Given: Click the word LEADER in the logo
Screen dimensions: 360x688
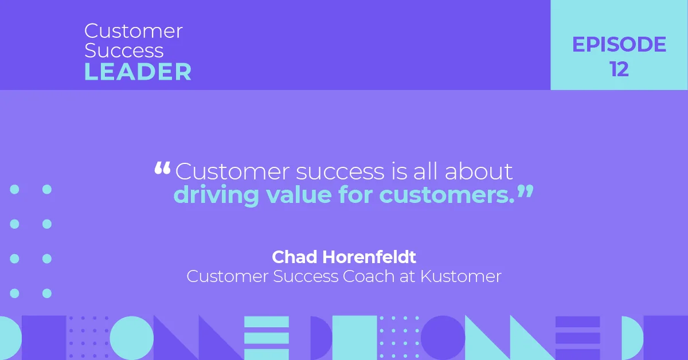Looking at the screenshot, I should (x=138, y=72).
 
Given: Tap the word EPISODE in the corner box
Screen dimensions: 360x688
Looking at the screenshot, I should (x=619, y=45).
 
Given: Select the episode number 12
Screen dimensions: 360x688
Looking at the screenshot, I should (x=619, y=69).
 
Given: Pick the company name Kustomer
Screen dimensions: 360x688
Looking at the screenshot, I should (x=461, y=276).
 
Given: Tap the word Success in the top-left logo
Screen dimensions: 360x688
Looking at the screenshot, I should (x=124, y=50).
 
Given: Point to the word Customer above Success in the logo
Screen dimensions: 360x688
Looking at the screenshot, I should (x=134, y=31).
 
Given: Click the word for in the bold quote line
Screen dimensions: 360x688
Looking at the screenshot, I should (x=356, y=195).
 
